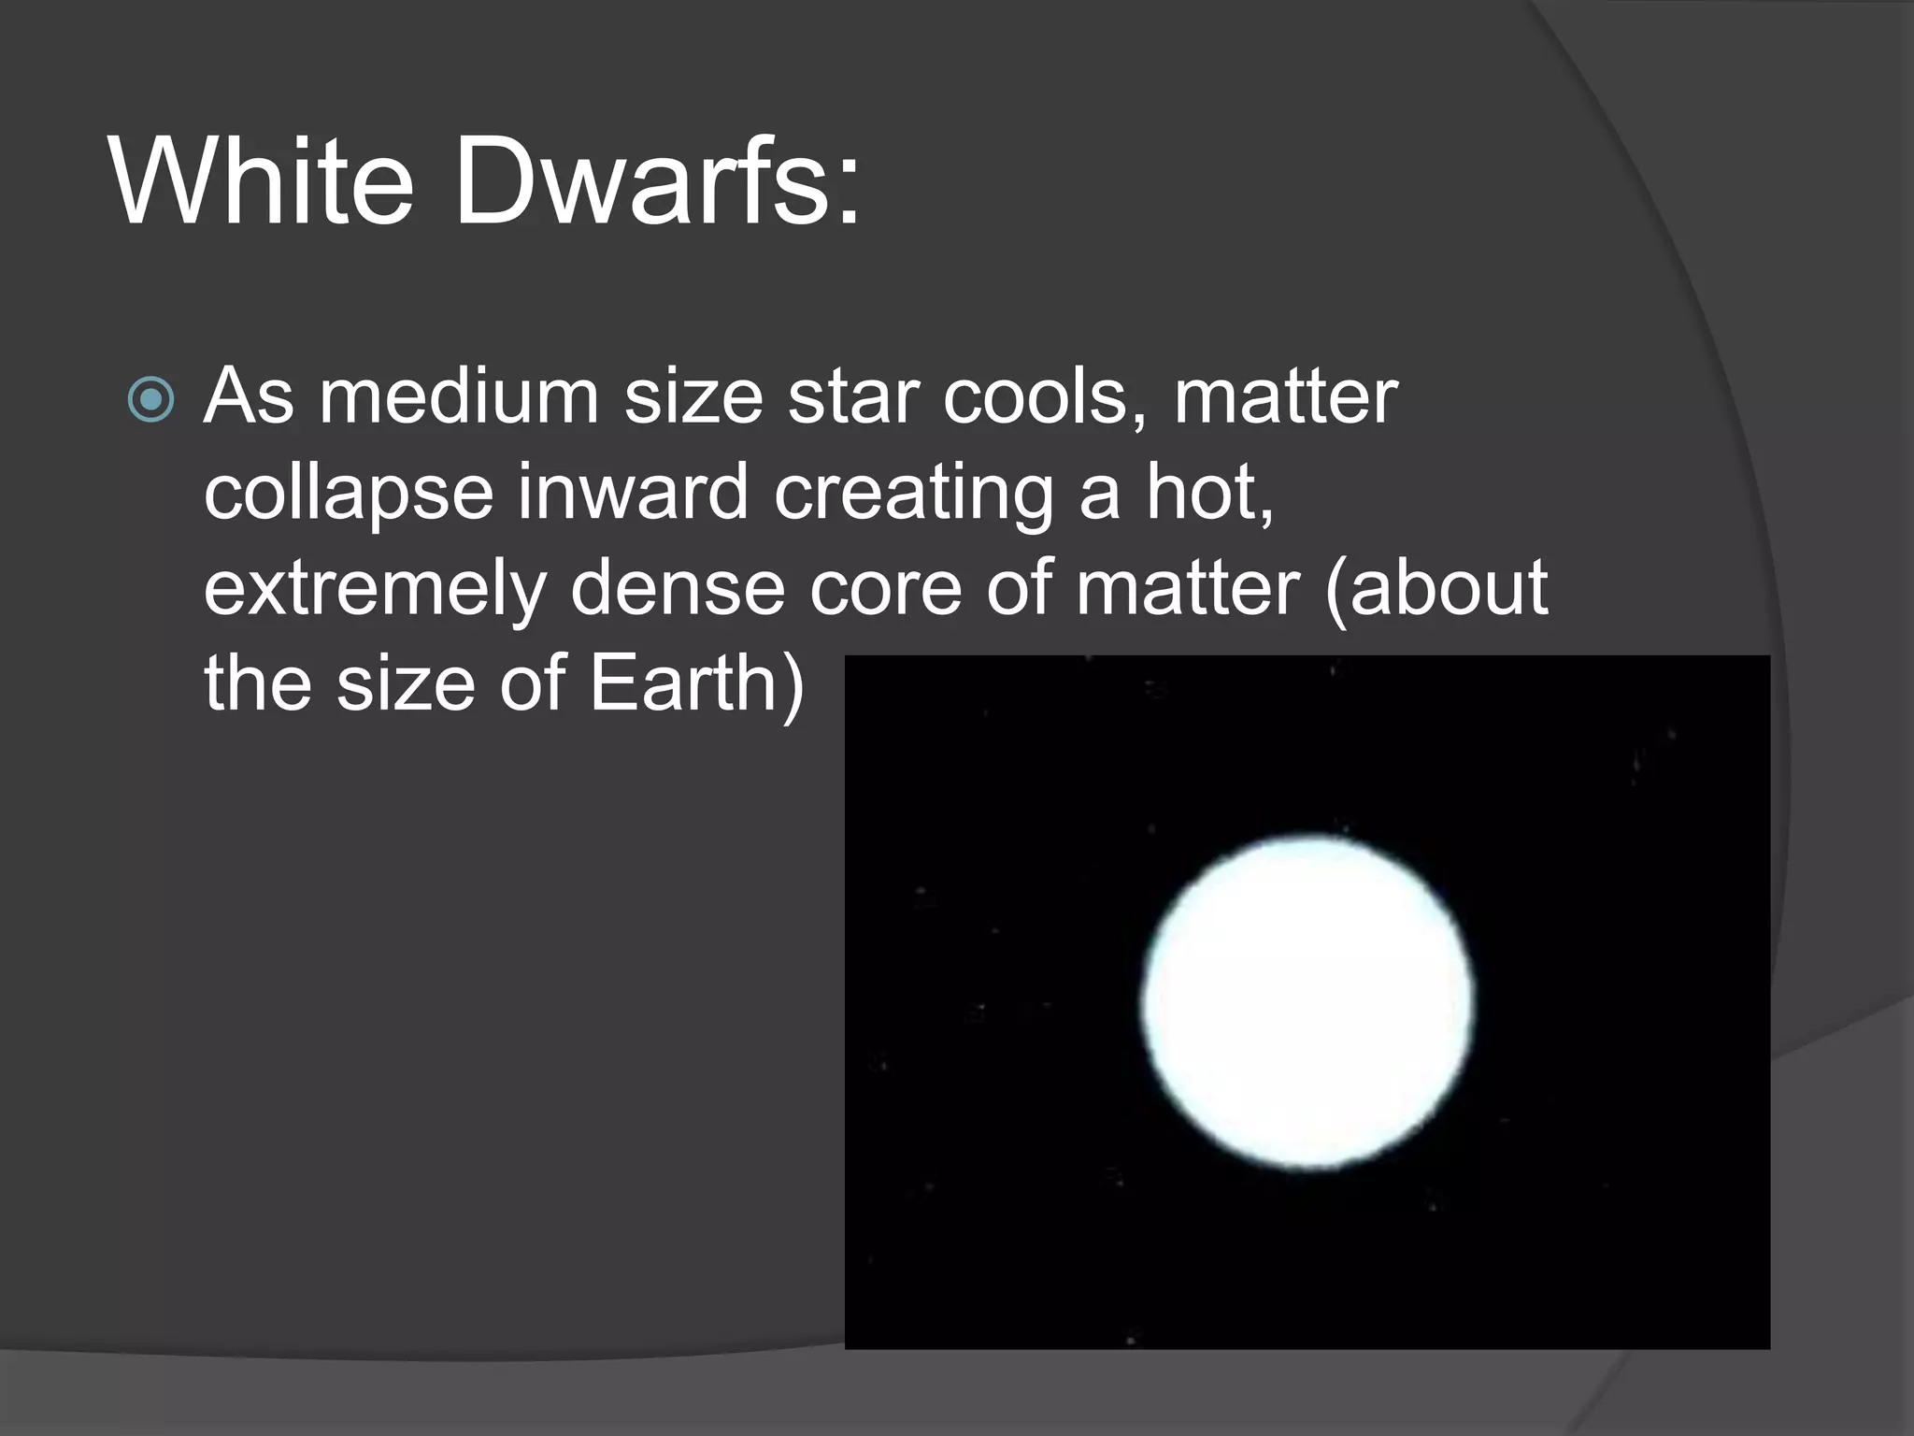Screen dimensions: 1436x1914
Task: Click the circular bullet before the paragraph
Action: tap(150, 400)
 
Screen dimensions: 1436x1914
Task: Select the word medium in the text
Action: tap(459, 397)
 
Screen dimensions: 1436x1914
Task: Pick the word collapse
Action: tap(348, 494)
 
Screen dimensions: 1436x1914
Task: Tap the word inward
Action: tap(633, 492)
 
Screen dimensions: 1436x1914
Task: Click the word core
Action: tap(885, 589)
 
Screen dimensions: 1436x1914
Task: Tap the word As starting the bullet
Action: tap(249, 397)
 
